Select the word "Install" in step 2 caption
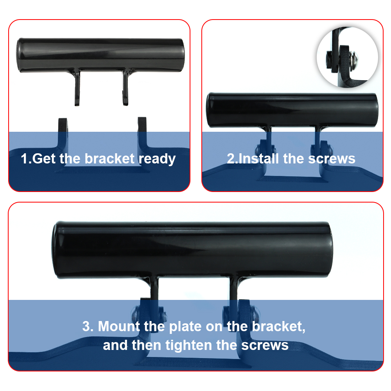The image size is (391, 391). pyautogui.click(x=258, y=159)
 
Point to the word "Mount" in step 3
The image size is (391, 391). pyautogui.click(x=119, y=326)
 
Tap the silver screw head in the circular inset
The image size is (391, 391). pyautogui.click(x=354, y=58)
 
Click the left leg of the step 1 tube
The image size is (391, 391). pyautogui.click(x=77, y=87)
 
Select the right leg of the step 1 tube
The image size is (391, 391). pyautogui.click(x=126, y=87)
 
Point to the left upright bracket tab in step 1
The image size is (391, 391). pyautogui.click(x=63, y=132)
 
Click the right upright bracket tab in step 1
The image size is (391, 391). pyautogui.click(x=142, y=132)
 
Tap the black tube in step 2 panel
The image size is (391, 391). pyautogui.click(x=292, y=110)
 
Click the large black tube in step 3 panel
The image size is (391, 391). pyautogui.click(x=192, y=250)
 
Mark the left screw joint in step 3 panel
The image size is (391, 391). pyautogui.click(x=149, y=313)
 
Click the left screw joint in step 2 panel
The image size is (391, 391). pyautogui.click(x=266, y=150)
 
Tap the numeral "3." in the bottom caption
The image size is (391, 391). pyautogui.click(x=88, y=326)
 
